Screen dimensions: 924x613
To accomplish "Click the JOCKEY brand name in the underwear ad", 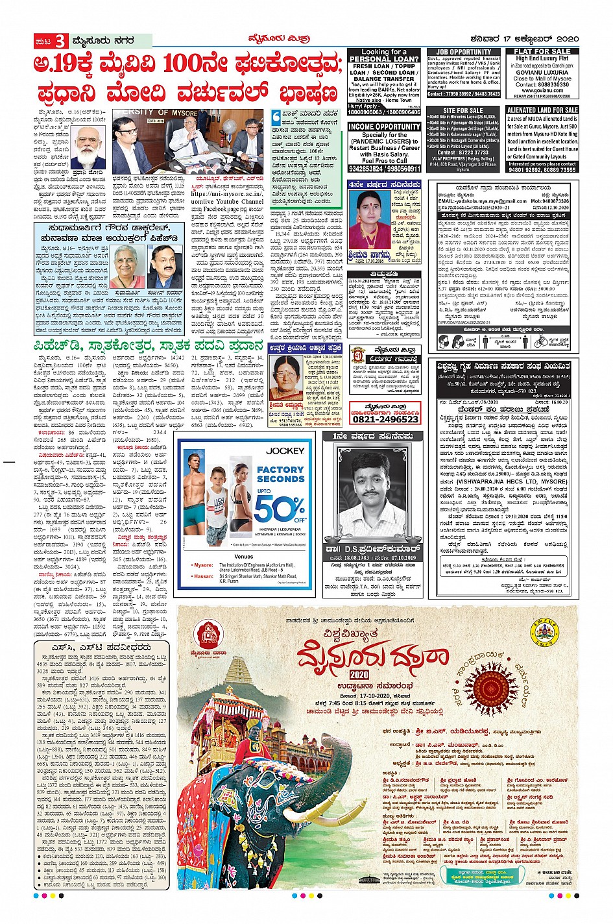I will (284, 450).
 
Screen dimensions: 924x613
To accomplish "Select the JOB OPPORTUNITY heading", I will (464, 52).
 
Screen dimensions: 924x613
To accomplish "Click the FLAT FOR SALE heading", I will (542, 51).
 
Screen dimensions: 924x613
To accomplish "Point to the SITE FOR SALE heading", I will (463, 110).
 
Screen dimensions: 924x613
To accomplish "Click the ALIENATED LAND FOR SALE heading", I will (542, 110).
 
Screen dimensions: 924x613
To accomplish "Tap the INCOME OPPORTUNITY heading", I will (384, 127).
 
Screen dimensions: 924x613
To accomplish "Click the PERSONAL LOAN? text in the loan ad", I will (384, 58).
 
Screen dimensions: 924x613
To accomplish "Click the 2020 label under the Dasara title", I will (359, 674).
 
